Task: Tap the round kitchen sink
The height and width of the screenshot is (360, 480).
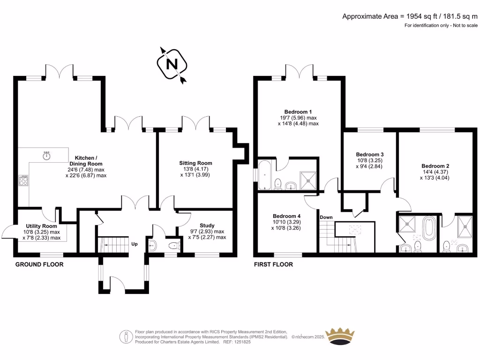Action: pos(46,156)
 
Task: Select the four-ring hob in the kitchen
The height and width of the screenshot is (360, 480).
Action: pos(23,180)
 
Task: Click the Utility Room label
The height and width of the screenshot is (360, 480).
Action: pos(41,226)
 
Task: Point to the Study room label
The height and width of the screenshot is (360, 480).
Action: pos(207,225)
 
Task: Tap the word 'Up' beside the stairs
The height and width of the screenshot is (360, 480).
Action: pos(135,244)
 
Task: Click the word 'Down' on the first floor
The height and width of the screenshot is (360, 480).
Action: pos(326,217)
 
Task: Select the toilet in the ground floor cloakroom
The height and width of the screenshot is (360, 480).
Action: pos(173,245)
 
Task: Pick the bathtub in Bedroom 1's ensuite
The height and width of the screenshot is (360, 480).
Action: pos(265,175)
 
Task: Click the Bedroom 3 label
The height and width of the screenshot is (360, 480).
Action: pos(370,154)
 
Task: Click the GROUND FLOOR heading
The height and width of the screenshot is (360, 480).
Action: pos(39,264)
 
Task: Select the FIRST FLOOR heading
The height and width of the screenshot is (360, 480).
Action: pos(273,264)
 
